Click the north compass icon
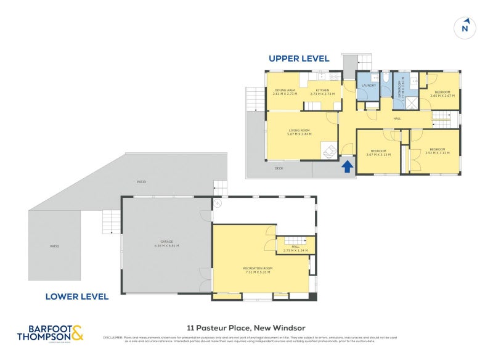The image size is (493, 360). click(465, 28)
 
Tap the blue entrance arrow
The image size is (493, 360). click(347, 165)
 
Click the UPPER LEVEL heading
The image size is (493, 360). click(299, 59)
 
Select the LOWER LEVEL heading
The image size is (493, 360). click(77, 297)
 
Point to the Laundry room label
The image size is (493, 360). click(369, 86)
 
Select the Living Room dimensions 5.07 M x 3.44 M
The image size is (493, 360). click(299, 134)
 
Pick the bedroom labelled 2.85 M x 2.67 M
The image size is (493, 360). click(442, 94)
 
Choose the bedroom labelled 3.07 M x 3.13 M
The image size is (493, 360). click(378, 152)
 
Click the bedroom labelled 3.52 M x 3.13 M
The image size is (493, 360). click(437, 150)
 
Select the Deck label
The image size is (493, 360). click(279, 168)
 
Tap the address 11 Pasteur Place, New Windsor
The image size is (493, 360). click(246, 327)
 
